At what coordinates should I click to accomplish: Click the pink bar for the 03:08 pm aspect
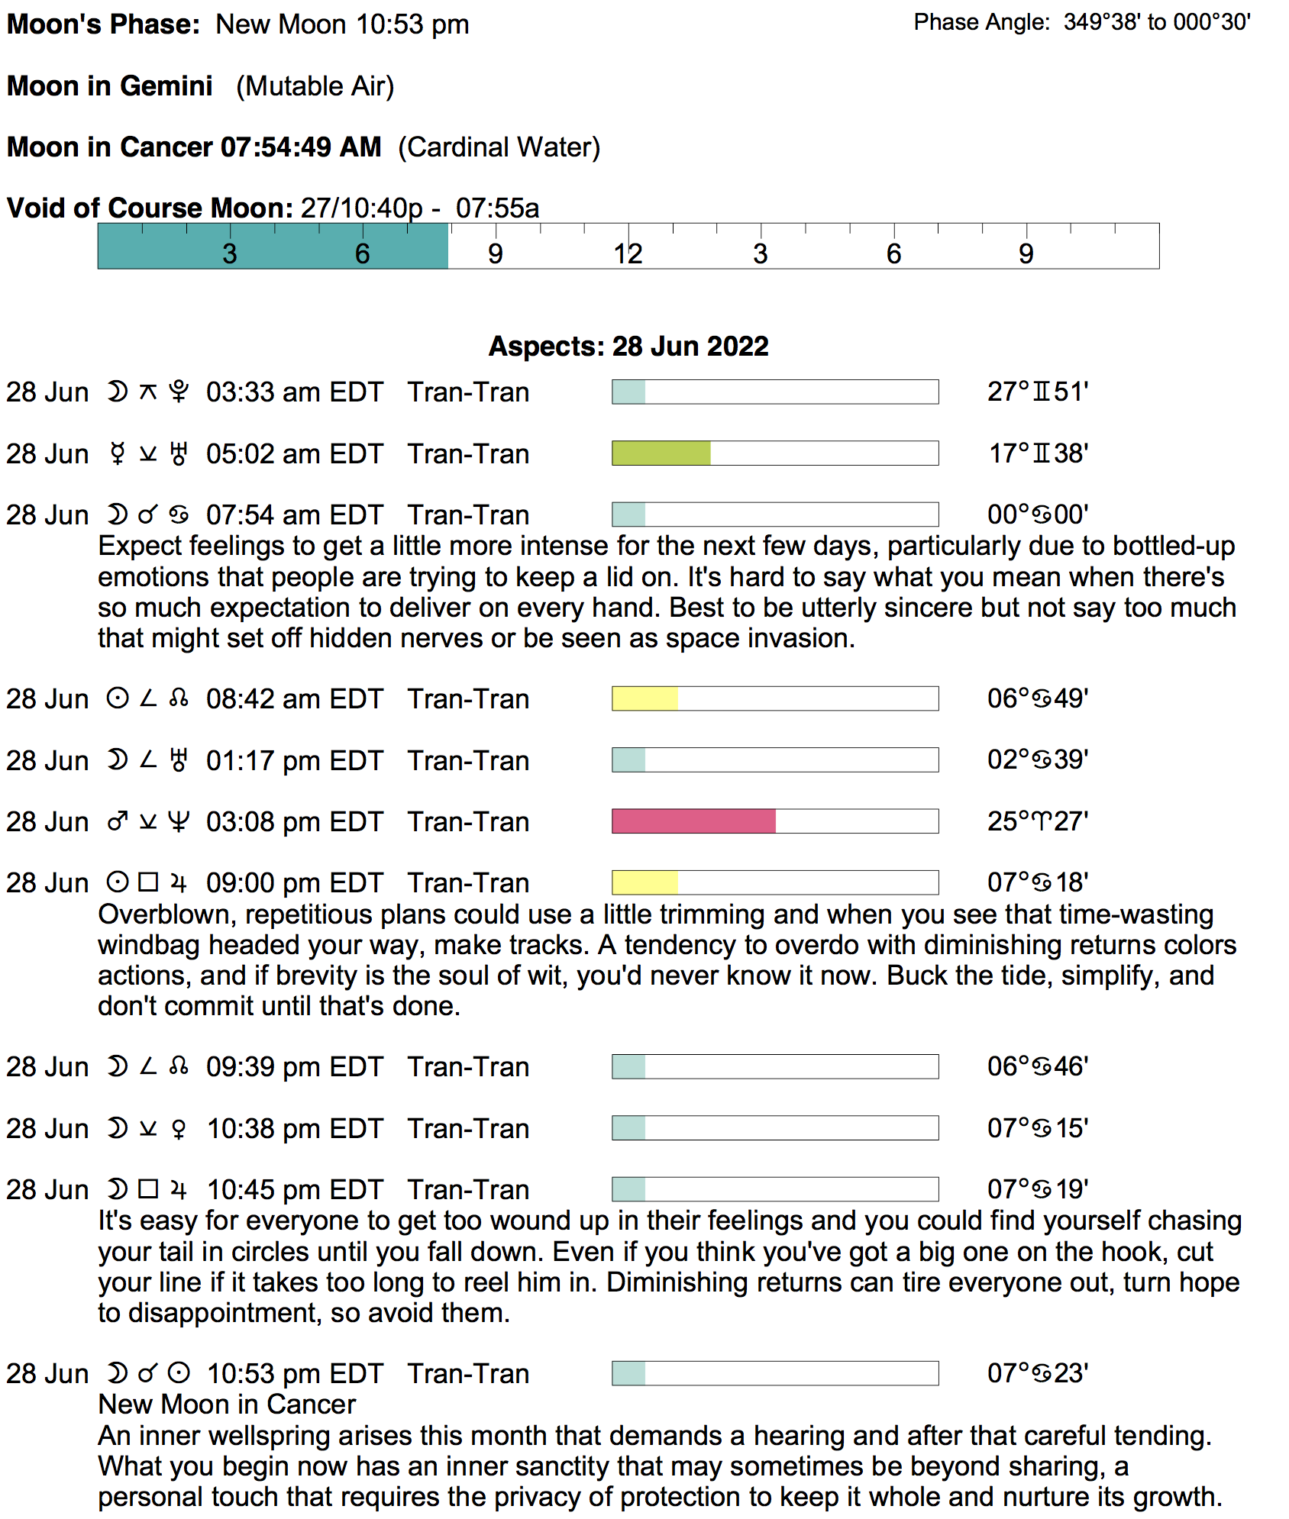pyautogui.click(x=693, y=821)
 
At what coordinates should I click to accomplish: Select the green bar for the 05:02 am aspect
pyautogui.click(x=661, y=453)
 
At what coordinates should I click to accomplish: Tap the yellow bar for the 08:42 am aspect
pyautogui.click(x=644, y=698)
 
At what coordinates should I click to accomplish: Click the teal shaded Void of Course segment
pyautogui.click(x=273, y=247)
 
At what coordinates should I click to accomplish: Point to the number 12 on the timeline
pyautogui.click(x=628, y=254)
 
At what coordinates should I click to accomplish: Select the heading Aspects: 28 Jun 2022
pyautogui.click(x=628, y=347)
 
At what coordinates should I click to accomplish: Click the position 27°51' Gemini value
pyautogui.click(x=1037, y=392)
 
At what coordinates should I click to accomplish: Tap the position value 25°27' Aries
pyautogui.click(x=1037, y=821)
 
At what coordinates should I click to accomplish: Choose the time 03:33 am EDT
pyautogui.click(x=294, y=392)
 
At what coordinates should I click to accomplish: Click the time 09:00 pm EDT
pyautogui.click(x=294, y=883)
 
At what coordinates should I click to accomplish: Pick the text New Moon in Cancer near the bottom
pyautogui.click(x=227, y=1405)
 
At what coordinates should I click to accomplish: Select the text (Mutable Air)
pyautogui.click(x=315, y=86)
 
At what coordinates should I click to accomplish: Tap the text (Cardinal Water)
pyautogui.click(x=499, y=147)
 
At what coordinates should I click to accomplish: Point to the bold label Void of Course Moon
pyautogui.click(x=150, y=208)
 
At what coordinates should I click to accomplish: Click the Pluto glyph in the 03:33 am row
pyautogui.click(x=179, y=392)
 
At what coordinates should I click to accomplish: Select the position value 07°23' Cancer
pyautogui.click(x=1037, y=1373)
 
